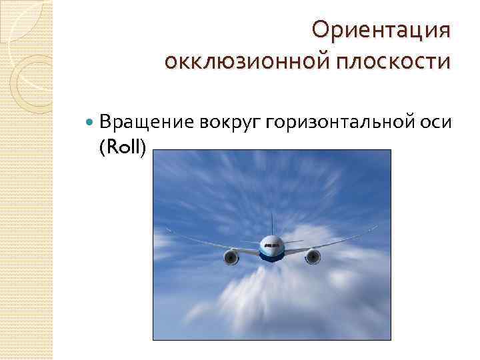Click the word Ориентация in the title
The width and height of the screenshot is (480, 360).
tap(381, 29)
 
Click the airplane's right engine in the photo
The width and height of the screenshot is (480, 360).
tap(312, 255)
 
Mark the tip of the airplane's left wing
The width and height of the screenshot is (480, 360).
tap(167, 230)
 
